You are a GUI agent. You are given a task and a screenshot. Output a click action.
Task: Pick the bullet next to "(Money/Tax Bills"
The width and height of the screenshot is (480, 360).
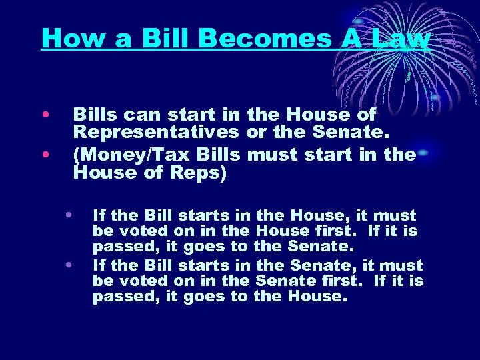[45, 155]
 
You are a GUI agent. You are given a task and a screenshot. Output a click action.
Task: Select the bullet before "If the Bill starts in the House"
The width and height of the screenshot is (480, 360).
[69, 215]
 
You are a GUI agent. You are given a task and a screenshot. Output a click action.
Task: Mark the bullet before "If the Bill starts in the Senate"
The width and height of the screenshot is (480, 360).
[69, 264]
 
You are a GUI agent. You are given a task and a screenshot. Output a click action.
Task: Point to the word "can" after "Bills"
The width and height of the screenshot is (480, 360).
[135, 115]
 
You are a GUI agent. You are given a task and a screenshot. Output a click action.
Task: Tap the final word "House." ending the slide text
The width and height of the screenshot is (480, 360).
[317, 297]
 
